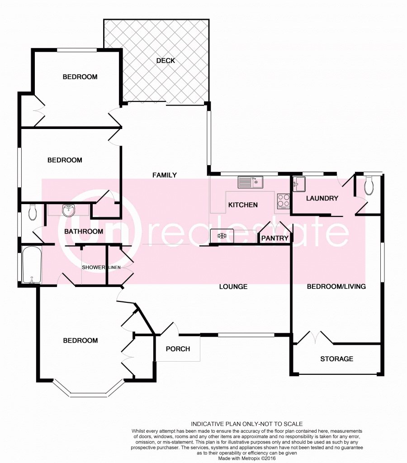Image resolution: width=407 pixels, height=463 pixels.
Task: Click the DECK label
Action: click(x=166, y=61)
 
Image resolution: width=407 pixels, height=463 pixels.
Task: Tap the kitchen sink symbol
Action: click(x=250, y=182)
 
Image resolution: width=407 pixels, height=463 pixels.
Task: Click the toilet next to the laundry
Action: click(x=369, y=186)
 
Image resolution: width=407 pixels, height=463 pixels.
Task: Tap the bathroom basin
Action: click(x=68, y=210)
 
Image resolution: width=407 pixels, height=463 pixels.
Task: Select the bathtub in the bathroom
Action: click(x=32, y=265)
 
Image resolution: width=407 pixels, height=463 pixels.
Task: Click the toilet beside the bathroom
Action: click(x=33, y=212)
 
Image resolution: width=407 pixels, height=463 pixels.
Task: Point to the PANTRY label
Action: click(x=275, y=238)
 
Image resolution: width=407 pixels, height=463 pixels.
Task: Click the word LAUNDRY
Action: click(x=322, y=198)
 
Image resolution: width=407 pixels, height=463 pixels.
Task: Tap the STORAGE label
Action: click(x=337, y=359)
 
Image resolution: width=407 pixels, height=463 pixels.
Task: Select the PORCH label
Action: click(x=178, y=349)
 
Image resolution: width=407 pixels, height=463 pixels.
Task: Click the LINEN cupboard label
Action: click(x=114, y=267)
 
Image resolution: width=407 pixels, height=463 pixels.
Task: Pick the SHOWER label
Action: click(x=94, y=267)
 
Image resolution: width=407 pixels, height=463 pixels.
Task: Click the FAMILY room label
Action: click(x=165, y=175)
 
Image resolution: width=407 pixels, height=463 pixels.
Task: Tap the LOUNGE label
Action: click(x=233, y=286)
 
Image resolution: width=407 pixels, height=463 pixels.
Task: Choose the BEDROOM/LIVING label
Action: click(x=336, y=286)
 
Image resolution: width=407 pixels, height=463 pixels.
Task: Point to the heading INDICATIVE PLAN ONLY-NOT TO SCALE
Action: click(x=247, y=424)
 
